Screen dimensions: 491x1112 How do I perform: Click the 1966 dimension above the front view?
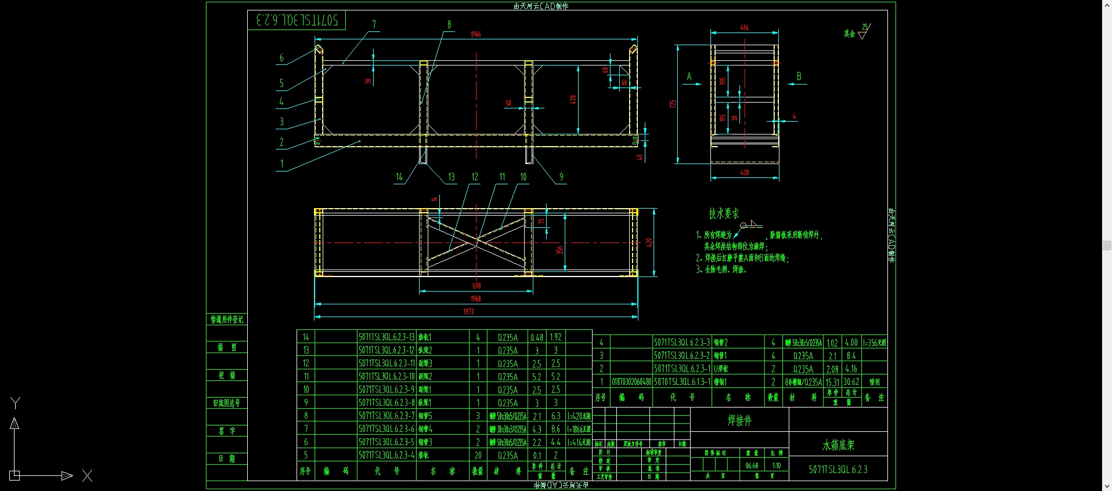[475, 34]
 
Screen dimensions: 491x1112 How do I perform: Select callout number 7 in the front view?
[374, 24]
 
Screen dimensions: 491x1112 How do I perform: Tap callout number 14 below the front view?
[399, 177]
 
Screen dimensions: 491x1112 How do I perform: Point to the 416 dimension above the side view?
[744, 27]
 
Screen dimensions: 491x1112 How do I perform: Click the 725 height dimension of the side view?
[673, 104]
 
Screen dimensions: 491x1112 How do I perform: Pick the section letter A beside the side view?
[689, 77]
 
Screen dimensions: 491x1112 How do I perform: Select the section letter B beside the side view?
[799, 77]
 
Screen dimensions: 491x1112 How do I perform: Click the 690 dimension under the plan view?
[476, 286]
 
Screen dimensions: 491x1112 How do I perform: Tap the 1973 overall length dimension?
[468, 311]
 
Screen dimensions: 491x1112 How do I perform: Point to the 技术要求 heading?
[724, 214]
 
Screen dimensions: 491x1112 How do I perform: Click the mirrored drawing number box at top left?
[297, 20]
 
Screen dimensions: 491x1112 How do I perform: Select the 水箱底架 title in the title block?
[838, 445]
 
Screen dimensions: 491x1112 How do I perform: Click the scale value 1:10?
[777, 465]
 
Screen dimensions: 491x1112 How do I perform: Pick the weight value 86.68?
[752, 465]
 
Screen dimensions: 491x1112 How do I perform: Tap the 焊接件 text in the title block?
[739, 421]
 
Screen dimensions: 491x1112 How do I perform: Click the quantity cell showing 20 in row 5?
[478, 455]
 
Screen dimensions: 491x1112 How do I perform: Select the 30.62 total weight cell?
[851, 382]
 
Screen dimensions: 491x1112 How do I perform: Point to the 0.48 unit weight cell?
[536, 337]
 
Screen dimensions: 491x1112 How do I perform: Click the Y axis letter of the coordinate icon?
[16, 403]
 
